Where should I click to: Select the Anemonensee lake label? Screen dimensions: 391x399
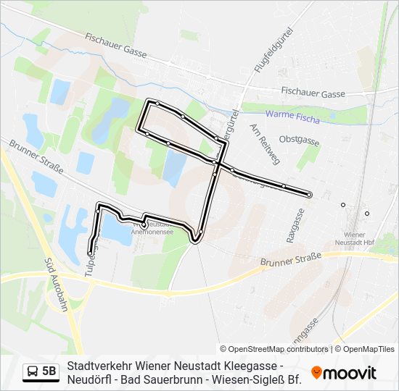click(152, 232)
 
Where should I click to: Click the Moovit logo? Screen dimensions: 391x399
click(344, 373)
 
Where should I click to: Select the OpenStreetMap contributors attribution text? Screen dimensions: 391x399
click(274, 349)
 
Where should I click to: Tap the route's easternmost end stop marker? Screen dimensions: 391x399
click(309, 195)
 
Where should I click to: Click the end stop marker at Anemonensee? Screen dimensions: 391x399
click(144, 225)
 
